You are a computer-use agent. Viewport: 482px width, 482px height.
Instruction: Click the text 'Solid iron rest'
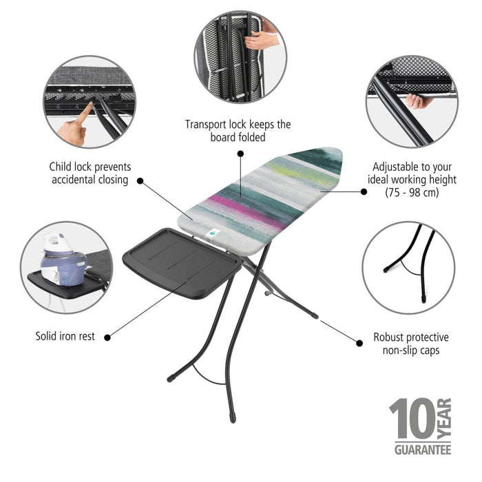pos(65,337)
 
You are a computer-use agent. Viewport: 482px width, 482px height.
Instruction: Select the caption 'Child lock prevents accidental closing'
pos(90,174)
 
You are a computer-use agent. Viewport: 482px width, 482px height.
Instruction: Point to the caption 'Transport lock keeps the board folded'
pos(238,131)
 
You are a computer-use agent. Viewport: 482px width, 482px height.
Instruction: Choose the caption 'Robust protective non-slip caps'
pos(411,344)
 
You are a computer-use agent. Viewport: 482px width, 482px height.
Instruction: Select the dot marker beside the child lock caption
pos(140,181)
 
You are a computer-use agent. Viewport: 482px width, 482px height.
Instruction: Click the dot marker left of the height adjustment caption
pos(364,192)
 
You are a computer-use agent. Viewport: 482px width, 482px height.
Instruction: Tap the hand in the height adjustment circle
pos(418,101)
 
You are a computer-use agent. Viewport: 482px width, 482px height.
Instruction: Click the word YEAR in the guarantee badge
pos(444,419)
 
